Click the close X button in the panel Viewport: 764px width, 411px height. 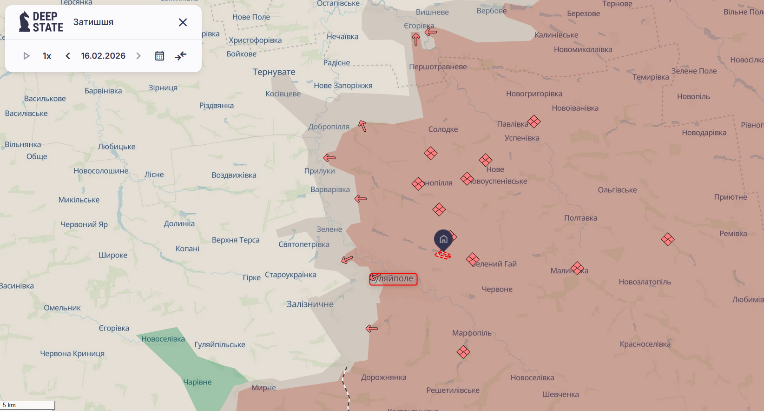[x=183, y=22]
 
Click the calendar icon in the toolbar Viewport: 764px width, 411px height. [x=159, y=56]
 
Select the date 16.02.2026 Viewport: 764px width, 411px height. [x=103, y=56]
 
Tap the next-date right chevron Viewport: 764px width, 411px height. [x=138, y=56]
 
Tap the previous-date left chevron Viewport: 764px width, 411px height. [x=68, y=56]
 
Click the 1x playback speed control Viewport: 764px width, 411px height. [x=47, y=56]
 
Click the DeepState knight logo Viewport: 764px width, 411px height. [x=24, y=22]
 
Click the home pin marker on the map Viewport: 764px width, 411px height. [x=443, y=239]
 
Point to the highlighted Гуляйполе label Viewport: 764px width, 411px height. [x=393, y=279]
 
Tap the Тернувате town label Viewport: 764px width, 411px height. [x=274, y=72]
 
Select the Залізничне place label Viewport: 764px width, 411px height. [x=310, y=304]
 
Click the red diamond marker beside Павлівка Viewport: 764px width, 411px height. [x=534, y=121]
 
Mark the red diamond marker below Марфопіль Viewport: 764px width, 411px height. [x=463, y=352]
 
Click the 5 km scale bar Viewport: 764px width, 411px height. [x=28, y=405]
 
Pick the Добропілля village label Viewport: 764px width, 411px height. [x=329, y=127]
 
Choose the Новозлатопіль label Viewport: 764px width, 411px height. [x=645, y=282]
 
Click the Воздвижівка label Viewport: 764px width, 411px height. [x=234, y=175]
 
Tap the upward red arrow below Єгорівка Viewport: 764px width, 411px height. [x=416, y=40]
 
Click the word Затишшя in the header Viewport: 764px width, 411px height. [x=93, y=22]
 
